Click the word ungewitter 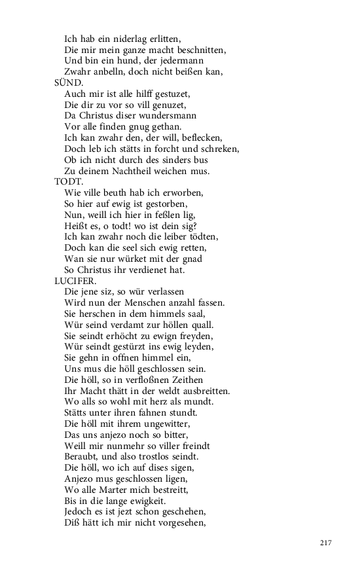pos(170,423)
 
